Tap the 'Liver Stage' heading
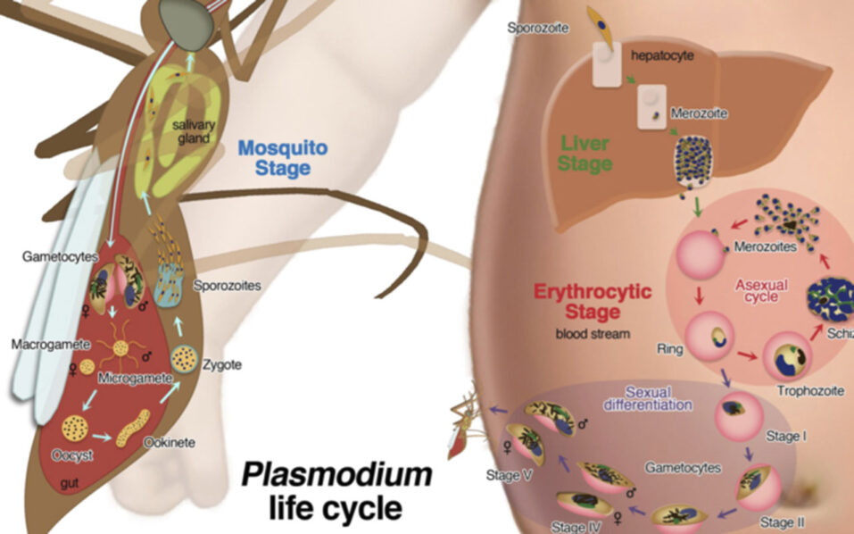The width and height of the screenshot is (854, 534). [586, 153]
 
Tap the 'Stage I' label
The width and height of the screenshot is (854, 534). [786, 438]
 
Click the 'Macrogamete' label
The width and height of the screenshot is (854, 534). [44, 343]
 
